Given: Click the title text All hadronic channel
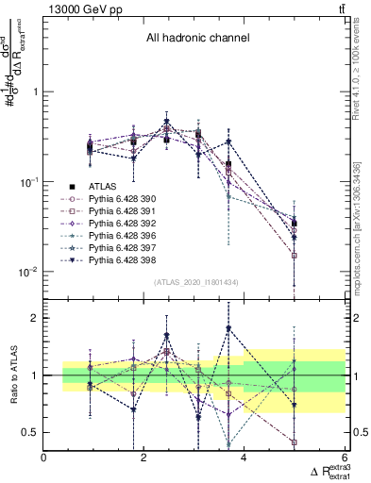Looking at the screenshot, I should (x=195, y=39).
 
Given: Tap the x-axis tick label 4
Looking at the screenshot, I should (x=245, y=458).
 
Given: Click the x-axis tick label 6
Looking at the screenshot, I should (x=344, y=458).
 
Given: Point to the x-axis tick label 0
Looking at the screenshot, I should (x=44, y=458).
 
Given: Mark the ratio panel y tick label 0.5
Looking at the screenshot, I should (x=30, y=432).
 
